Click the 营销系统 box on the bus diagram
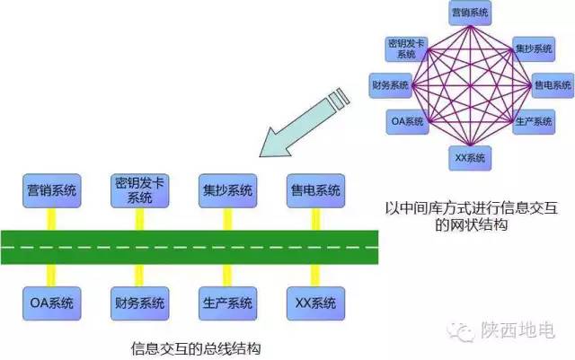tap(52, 190)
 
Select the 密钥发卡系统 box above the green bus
tap(139, 190)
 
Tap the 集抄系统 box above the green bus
tap(226, 190)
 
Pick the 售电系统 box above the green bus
tap(314, 190)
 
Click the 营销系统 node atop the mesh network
tap(471, 13)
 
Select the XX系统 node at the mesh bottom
tap(470, 158)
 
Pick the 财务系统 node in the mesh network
tap(391, 85)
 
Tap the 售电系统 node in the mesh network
tap(552, 85)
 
